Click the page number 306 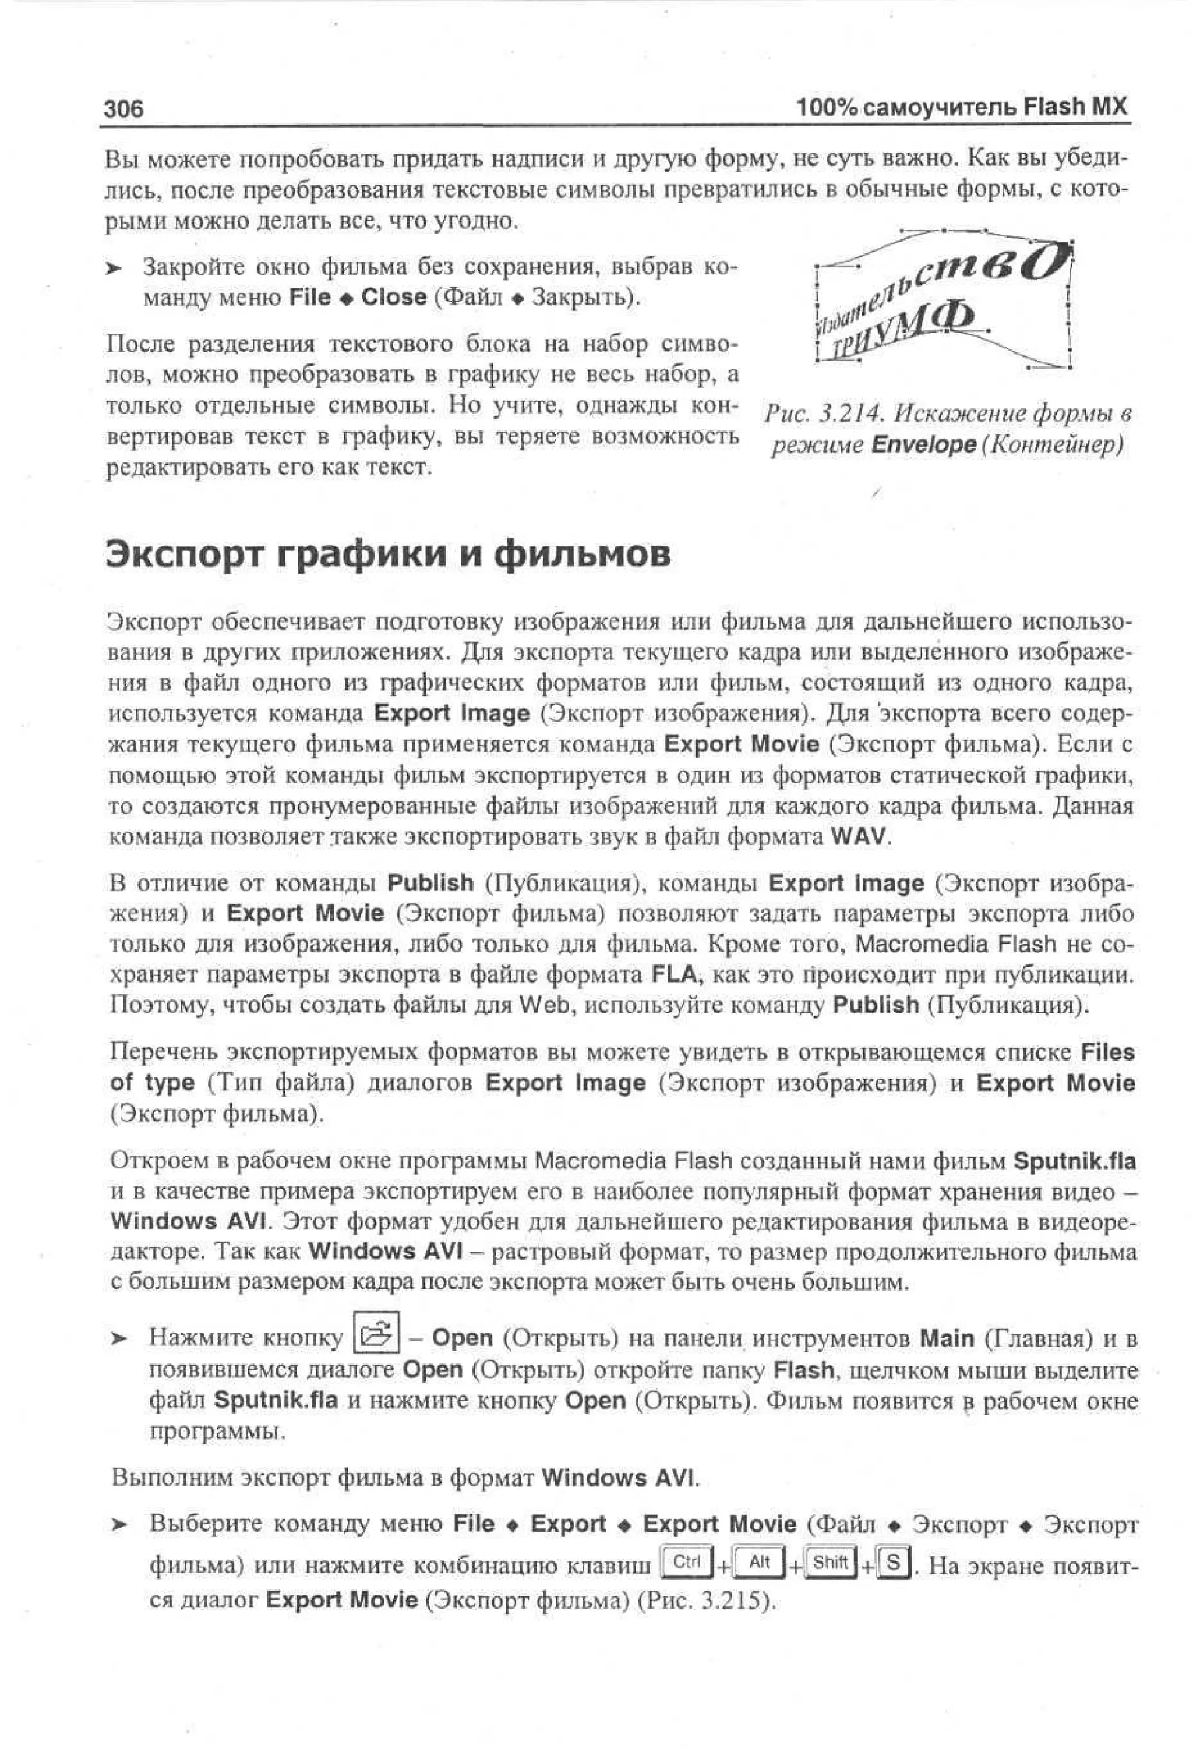pyautogui.click(x=123, y=109)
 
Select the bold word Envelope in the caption pyautogui.click(x=923, y=445)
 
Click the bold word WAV pyautogui.click(x=858, y=836)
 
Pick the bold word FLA pyautogui.click(x=675, y=974)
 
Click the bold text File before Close pyautogui.click(x=309, y=297)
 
